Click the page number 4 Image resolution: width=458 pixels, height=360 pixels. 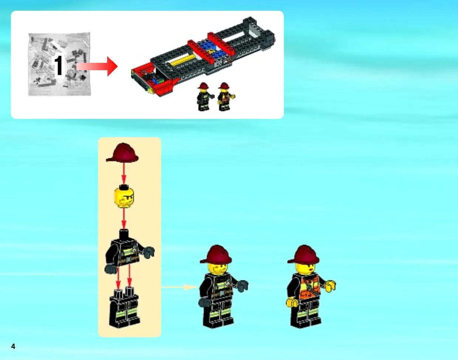(13, 346)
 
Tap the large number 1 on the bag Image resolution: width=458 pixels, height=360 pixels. (58, 65)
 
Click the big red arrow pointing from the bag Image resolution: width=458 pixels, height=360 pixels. (97, 67)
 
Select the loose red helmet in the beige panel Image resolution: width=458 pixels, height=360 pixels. (122, 153)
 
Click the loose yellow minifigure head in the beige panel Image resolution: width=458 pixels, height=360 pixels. (124, 197)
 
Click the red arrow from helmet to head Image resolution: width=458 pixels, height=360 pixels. (124, 174)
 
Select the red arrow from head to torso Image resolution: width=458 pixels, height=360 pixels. (124, 219)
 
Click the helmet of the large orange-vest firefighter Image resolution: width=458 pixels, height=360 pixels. (303, 254)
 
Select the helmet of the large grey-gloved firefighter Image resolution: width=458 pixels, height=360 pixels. (216, 254)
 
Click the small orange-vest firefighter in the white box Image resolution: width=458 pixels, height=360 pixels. (226, 96)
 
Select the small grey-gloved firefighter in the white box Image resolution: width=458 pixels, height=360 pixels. (205, 96)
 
